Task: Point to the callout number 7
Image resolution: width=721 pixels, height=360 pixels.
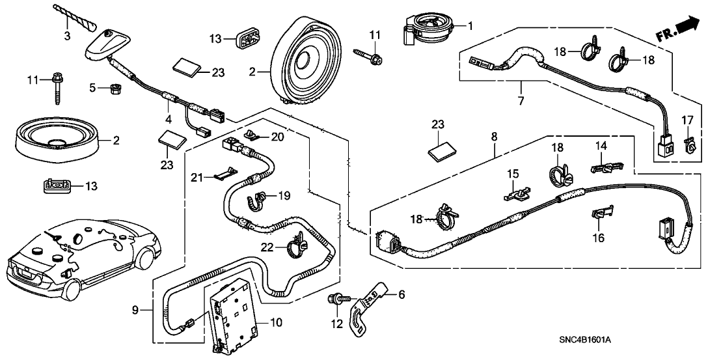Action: [521, 101]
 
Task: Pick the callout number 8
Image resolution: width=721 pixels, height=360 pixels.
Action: [495, 137]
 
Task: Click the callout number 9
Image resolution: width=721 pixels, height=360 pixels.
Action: [135, 311]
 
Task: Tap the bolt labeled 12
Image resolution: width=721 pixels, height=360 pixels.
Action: [336, 300]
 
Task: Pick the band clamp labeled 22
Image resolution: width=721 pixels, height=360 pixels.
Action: [297, 245]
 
